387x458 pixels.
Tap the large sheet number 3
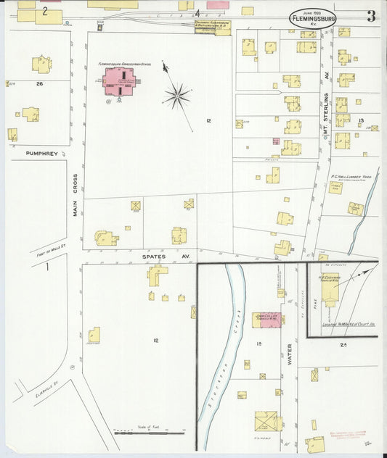point(370,16)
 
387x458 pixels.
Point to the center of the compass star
point(177,94)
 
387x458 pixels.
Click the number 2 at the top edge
point(45,11)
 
